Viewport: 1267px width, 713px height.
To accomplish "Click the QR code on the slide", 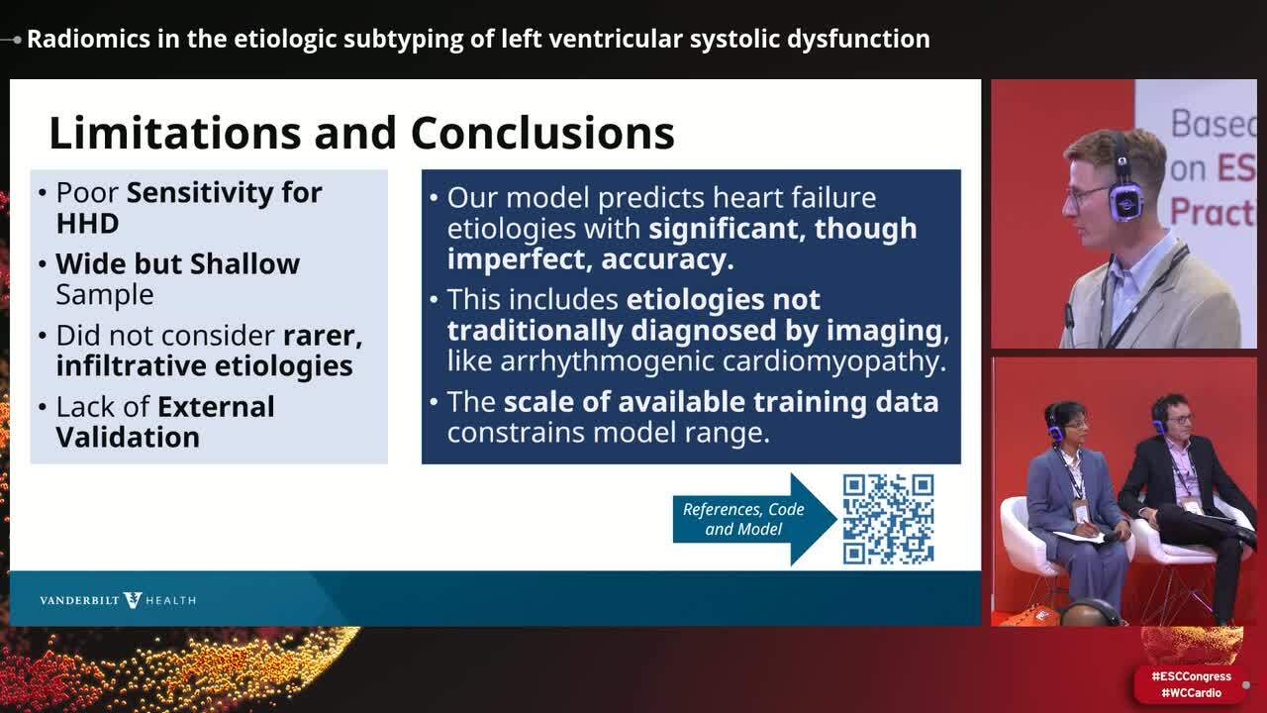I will pyautogui.click(x=888, y=519).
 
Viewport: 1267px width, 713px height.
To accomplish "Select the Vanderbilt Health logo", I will pyautogui.click(x=118, y=600).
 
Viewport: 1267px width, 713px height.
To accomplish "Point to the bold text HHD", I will pyautogui.click(x=87, y=224).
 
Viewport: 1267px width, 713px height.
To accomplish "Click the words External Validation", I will pyautogui.click(x=165, y=423).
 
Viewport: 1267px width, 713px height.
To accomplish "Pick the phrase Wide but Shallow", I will pyautogui.click(x=177, y=264).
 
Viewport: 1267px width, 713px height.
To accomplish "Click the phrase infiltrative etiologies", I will pyautogui.click(x=204, y=366).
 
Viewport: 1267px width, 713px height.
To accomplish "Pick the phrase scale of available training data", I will pyautogui.click(x=721, y=403).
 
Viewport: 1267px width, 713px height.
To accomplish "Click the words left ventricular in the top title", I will pyautogui.click(x=575, y=40).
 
